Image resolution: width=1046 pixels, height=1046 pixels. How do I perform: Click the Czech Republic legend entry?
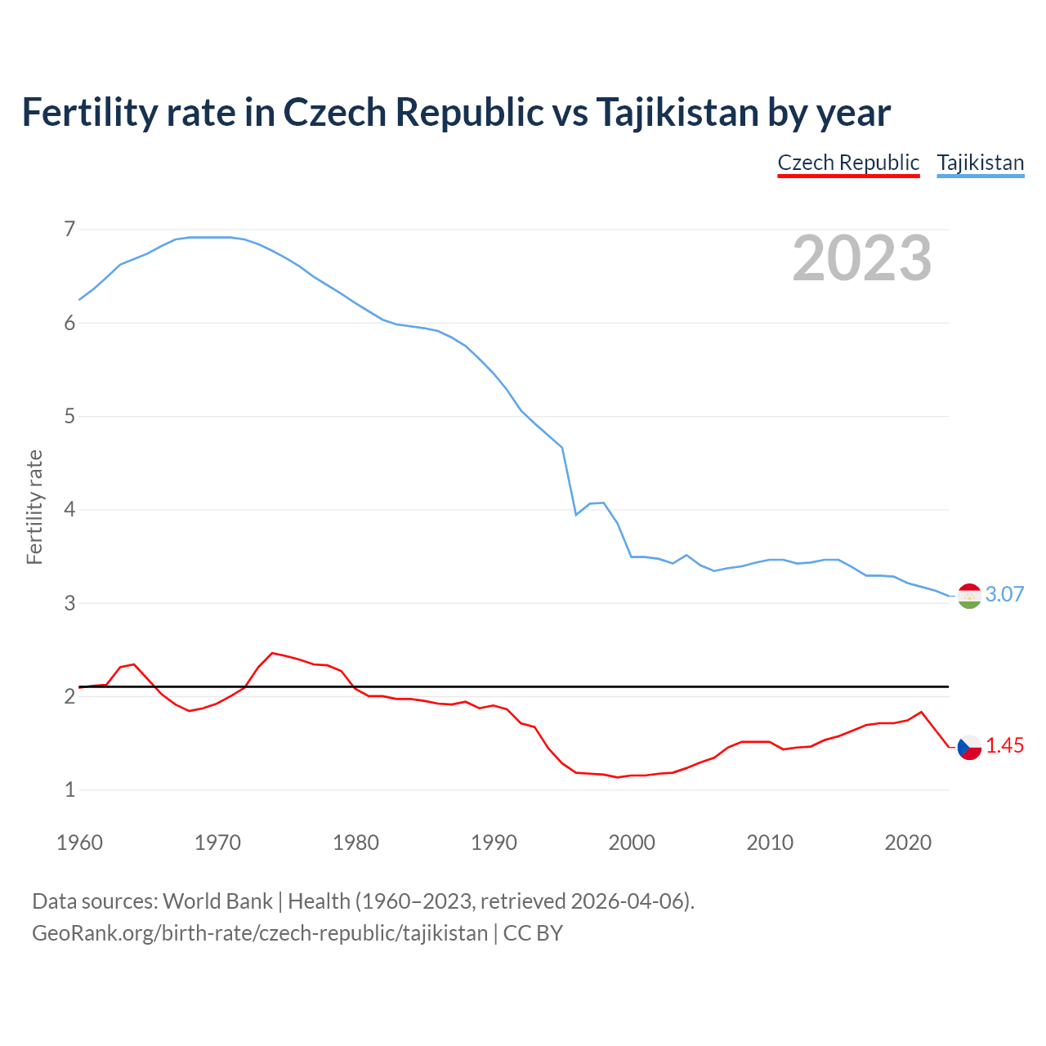(x=848, y=163)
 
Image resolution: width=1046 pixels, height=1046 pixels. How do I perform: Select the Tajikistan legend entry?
(x=980, y=163)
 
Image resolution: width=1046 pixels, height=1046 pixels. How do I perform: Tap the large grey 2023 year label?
(x=861, y=258)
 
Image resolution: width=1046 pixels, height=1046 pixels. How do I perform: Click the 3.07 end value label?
(x=1004, y=594)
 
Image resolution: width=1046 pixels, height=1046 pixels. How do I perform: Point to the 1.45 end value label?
(x=1004, y=745)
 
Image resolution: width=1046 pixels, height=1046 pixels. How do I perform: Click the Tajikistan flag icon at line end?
(x=969, y=597)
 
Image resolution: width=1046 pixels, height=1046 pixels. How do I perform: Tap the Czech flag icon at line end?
(x=969, y=747)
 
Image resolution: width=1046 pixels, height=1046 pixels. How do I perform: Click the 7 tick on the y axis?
(x=69, y=229)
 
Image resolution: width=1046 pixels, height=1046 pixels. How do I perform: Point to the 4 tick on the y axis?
(x=69, y=509)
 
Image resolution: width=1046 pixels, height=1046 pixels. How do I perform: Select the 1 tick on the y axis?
(x=69, y=789)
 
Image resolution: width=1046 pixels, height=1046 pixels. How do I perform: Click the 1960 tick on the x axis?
(x=79, y=843)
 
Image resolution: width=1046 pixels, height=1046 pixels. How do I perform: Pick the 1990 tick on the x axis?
(x=494, y=843)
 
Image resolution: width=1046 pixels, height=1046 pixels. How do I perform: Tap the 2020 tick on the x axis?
(x=908, y=843)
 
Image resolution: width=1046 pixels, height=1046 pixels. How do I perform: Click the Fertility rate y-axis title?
(x=34, y=507)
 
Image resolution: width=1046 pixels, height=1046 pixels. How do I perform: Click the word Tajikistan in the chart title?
(x=677, y=112)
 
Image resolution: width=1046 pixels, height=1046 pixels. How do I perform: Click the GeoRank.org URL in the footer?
(x=260, y=932)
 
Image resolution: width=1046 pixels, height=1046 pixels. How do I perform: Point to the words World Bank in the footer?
(x=217, y=901)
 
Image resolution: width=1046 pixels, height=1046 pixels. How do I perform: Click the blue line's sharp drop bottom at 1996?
(x=576, y=515)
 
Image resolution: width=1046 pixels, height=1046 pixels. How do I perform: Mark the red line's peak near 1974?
(x=272, y=653)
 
